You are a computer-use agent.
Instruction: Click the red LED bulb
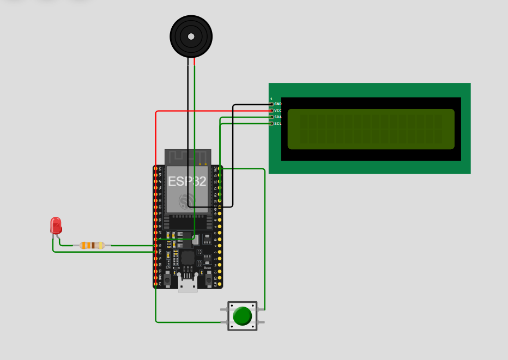(x=56, y=225)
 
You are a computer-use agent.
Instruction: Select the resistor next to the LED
(x=92, y=245)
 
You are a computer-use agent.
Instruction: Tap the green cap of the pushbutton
(x=242, y=316)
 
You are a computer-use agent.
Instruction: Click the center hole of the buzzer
(x=191, y=36)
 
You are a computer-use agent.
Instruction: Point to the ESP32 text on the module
(x=187, y=181)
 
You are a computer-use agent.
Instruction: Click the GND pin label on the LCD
(x=277, y=103)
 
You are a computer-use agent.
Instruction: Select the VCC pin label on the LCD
(x=277, y=110)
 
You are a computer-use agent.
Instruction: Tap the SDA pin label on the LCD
(x=277, y=117)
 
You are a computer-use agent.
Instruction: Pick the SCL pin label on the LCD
(x=277, y=123)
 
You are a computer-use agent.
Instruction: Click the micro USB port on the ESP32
(x=188, y=283)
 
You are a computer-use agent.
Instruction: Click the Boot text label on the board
(x=207, y=268)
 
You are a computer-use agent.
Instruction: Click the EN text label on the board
(x=168, y=268)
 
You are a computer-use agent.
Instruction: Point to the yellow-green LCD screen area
(x=371, y=129)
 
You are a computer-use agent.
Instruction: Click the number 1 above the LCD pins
(x=271, y=99)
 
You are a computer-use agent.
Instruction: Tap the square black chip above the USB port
(x=188, y=258)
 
